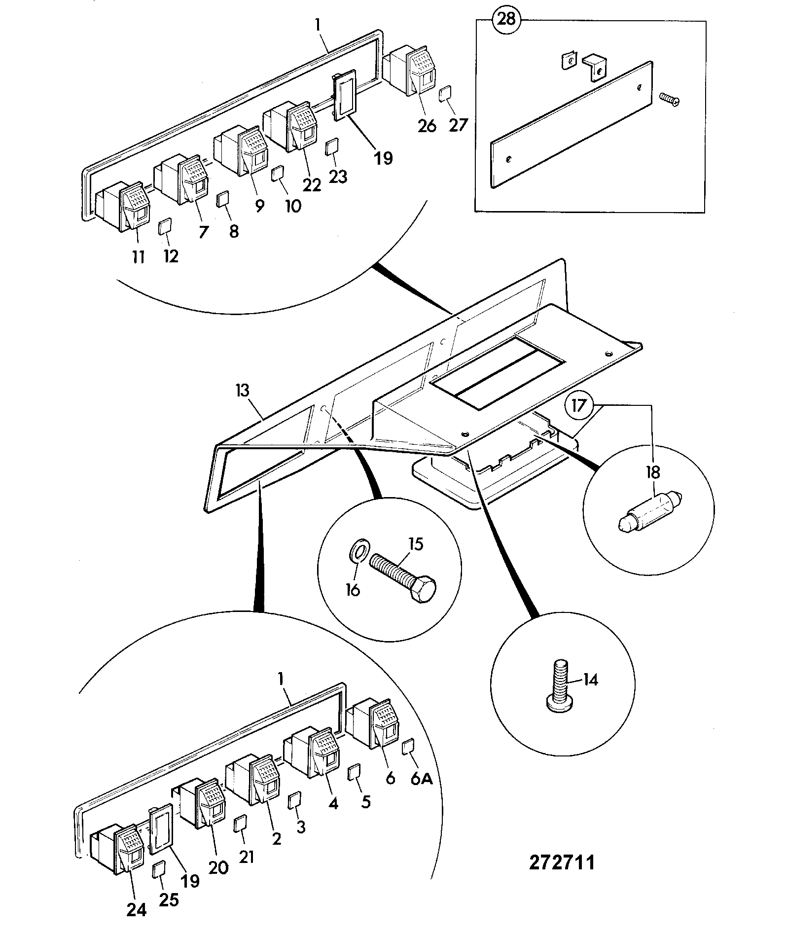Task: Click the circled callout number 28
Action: [x=506, y=19]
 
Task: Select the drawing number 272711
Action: [x=562, y=862]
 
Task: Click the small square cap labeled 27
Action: [x=445, y=93]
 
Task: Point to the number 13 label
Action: [x=243, y=391]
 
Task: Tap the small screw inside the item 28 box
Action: [x=669, y=100]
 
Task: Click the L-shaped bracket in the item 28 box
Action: [x=594, y=66]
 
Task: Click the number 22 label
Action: [x=312, y=184]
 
